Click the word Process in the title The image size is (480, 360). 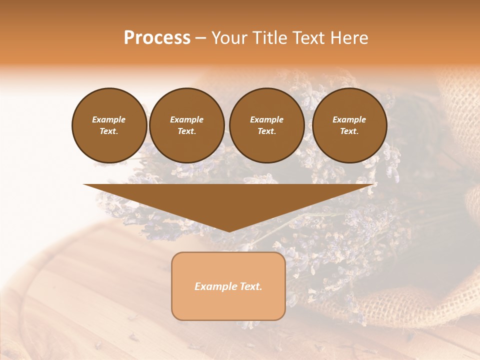tap(157, 38)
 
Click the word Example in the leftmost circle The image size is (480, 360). tap(109, 119)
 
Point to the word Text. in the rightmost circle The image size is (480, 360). tap(349, 131)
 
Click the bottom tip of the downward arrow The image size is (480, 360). tap(229, 230)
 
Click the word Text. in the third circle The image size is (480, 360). tap(266, 131)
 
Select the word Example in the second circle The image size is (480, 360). tap(187, 119)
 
